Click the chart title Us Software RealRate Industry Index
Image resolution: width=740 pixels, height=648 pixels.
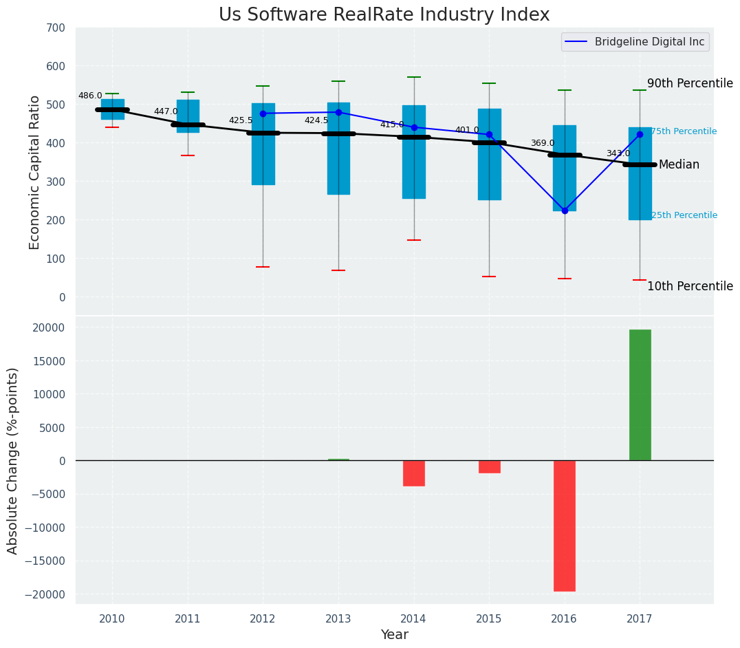tap(384, 15)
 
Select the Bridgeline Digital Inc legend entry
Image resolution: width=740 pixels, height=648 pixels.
tap(650, 42)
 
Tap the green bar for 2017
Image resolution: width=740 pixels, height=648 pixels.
tap(640, 395)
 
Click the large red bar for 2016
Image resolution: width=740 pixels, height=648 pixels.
tap(565, 526)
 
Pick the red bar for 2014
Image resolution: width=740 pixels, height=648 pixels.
tap(414, 473)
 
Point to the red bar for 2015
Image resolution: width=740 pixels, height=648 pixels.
tap(489, 467)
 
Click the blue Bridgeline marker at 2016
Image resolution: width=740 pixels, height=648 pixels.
tap(565, 210)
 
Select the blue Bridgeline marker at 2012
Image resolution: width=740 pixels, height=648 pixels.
tap(263, 114)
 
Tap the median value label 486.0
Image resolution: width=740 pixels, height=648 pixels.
tap(90, 96)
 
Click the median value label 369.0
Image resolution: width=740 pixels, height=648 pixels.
tap(542, 144)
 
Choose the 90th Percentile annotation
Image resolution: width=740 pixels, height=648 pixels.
tap(690, 83)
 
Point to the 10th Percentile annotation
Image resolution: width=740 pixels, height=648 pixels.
tap(690, 287)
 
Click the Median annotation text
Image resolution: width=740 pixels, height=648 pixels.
tap(679, 165)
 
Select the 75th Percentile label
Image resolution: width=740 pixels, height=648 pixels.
tap(684, 131)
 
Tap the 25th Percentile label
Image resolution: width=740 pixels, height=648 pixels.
tap(684, 215)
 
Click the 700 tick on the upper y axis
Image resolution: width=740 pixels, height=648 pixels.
tap(56, 28)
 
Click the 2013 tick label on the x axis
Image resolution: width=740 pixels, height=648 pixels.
tap(338, 619)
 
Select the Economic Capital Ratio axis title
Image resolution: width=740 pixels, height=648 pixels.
tap(35, 172)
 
